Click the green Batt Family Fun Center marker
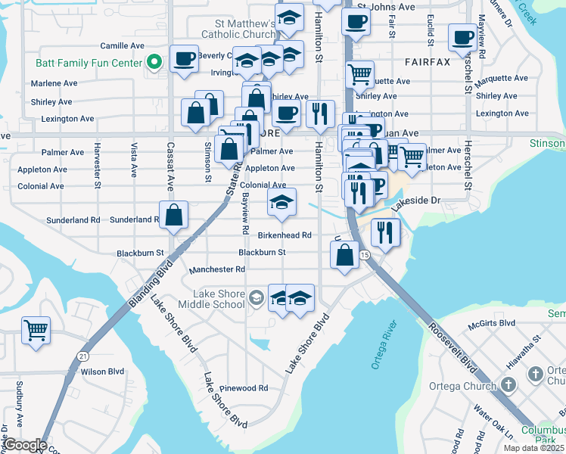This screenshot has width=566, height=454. tap(156, 62)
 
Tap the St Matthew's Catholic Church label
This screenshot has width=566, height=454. tap(238, 29)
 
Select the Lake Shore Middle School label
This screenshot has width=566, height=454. tap(219, 299)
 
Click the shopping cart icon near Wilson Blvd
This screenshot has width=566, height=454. tap(36, 331)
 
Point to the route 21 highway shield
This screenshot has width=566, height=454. tap(82, 356)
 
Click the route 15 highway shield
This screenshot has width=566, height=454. tap(364, 255)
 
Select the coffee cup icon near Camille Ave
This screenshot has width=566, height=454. tap(184, 59)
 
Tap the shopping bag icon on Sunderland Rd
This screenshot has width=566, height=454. tap(174, 214)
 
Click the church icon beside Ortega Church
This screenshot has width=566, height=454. tap(535, 374)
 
